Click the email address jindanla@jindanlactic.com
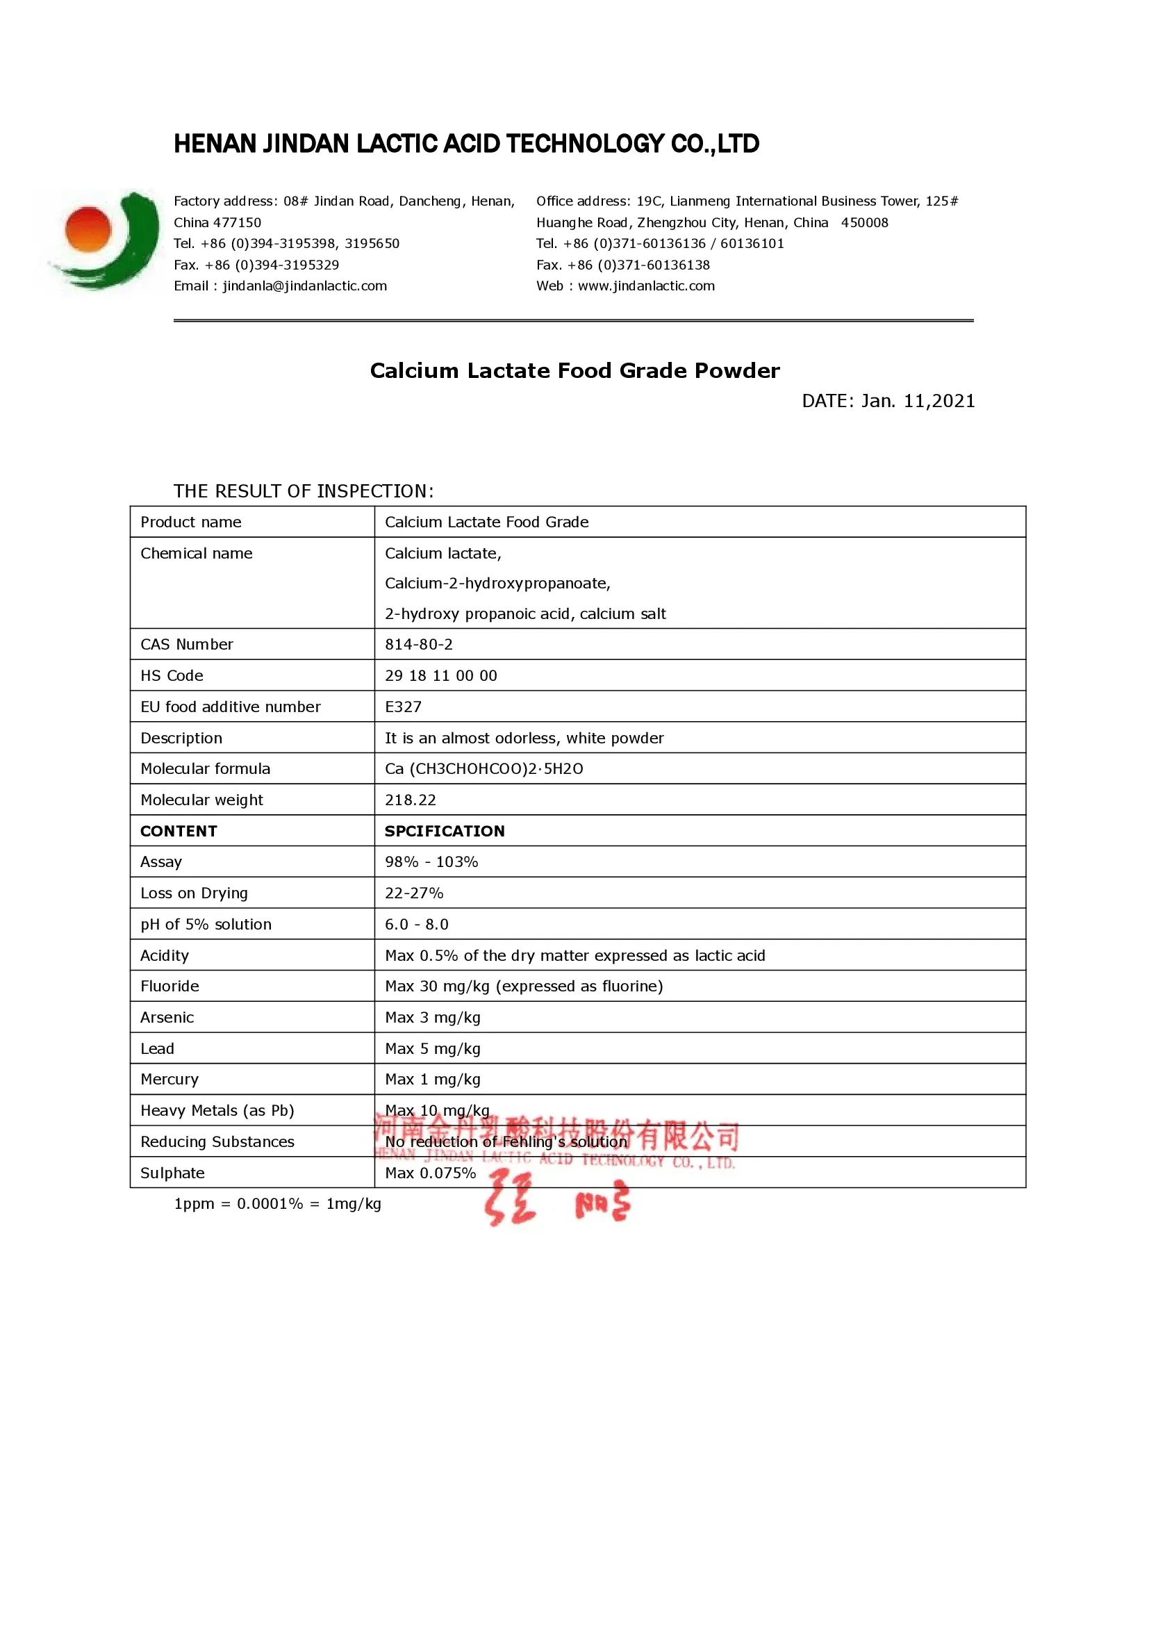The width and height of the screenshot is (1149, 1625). point(304,286)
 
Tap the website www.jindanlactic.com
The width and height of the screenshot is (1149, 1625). point(646,286)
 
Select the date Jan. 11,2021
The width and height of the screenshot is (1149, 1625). point(918,402)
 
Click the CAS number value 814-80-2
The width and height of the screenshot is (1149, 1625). point(419,644)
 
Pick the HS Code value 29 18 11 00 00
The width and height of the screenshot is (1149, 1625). point(441,675)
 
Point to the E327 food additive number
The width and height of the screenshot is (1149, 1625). point(404,707)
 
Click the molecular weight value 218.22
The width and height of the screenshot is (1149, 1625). point(411,800)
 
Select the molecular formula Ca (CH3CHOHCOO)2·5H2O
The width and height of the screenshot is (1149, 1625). point(484,768)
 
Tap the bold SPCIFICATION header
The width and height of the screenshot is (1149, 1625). point(445,831)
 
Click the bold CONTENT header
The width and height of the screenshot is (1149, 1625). point(179,831)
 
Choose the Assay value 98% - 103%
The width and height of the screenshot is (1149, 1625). point(431,862)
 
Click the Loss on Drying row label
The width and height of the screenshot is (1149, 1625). point(194,893)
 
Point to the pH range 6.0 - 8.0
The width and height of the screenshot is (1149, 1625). point(417,924)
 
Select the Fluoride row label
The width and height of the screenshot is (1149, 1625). point(170,986)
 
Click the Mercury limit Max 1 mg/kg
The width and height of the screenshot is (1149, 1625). point(432,1080)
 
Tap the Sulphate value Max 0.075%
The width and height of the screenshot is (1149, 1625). point(430,1173)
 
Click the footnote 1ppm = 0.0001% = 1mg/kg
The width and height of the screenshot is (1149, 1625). point(277,1204)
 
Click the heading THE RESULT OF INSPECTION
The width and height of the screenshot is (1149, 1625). point(304,491)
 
